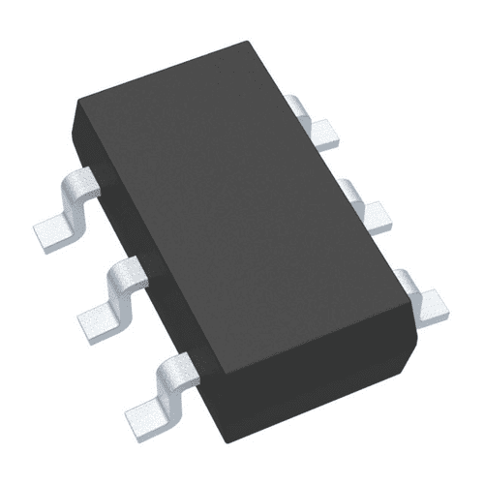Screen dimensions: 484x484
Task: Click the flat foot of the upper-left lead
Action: pyautogui.click(x=53, y=228)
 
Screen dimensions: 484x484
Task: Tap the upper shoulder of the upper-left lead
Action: pyautogui.click(x=79, y=184)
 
